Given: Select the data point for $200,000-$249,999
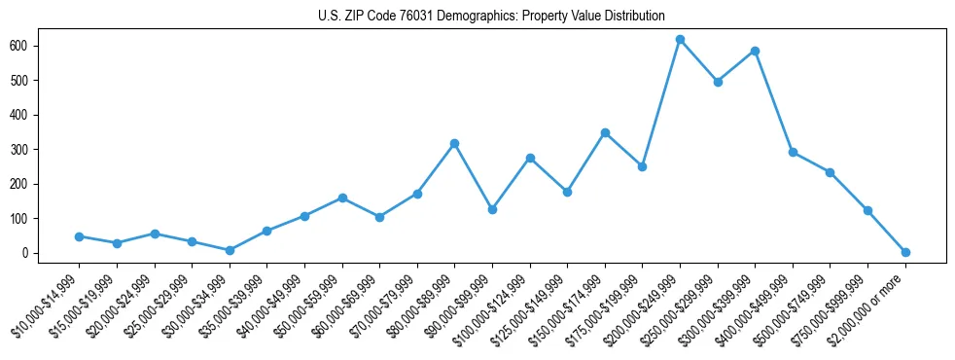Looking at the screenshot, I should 680,40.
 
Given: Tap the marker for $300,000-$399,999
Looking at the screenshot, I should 755,51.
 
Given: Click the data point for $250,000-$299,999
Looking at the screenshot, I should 718,82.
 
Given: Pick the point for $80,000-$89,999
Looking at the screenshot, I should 454,143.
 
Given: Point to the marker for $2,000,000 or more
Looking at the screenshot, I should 905,252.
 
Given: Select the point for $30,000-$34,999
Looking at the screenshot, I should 230,250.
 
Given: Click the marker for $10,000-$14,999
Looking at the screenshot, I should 79,236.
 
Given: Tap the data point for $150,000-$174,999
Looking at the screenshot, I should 605,132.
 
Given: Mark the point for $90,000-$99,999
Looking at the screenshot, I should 492,209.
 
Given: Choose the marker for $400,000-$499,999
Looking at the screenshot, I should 793,152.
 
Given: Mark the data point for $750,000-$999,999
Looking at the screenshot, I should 867,210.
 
